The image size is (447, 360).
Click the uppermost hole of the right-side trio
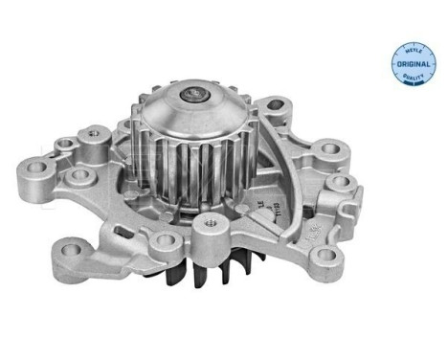pyautogui.click(x=332, y=149)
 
